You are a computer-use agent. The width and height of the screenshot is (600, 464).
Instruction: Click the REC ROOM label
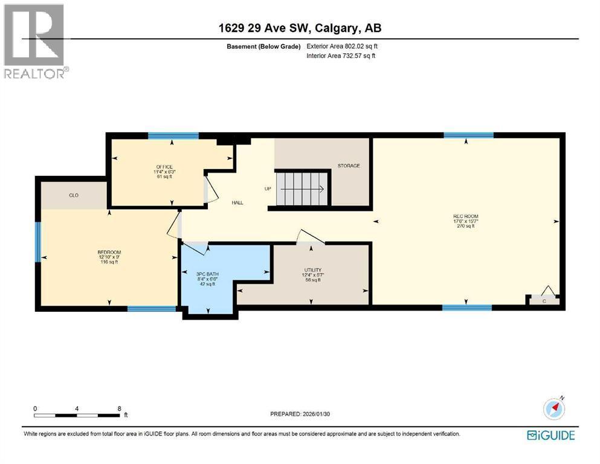pos(465,216)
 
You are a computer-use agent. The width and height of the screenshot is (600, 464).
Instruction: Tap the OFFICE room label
pos(164,167)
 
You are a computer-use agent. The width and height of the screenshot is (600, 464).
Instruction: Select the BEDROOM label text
pos(109,252)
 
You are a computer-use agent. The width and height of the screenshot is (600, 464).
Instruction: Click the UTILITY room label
pos(312,270)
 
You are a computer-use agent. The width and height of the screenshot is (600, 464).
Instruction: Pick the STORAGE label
pos(349,166)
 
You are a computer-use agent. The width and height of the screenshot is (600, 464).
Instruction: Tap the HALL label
pos(237,202)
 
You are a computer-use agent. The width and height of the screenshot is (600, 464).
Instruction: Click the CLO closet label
pos(74,195)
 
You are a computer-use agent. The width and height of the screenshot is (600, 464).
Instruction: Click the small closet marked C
pos(544,300)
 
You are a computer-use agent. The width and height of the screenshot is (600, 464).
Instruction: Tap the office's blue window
pos(173,135)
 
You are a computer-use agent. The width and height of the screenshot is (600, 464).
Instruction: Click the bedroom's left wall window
pos(37,242)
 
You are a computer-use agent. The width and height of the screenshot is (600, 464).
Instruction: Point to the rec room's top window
pos(468,135)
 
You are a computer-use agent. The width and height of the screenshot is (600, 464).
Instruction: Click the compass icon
pos(554,408)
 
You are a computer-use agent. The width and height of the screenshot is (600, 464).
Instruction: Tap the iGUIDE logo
pos(550,435)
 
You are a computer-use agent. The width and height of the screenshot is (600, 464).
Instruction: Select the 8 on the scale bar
pos(120,408)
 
